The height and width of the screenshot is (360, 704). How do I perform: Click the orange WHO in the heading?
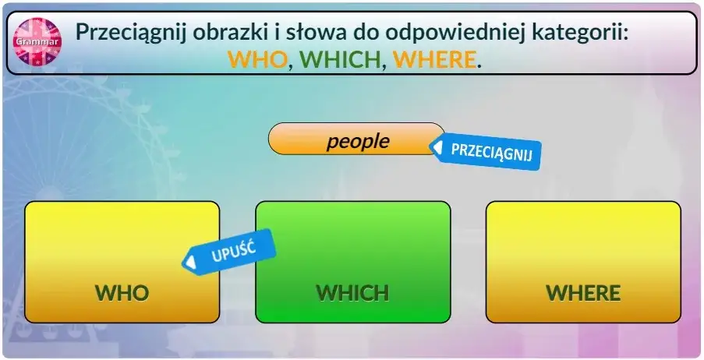point(257,59)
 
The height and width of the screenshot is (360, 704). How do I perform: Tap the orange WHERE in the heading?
point(434,59)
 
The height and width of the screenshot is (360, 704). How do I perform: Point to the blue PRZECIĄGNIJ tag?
point(488,150)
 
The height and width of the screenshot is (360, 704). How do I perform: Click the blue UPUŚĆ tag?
point(230,251)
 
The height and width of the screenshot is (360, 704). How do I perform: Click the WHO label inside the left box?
point(122,293)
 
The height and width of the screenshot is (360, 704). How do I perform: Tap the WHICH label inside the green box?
point(352,293)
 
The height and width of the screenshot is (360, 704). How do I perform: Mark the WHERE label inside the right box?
point(583,293)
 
